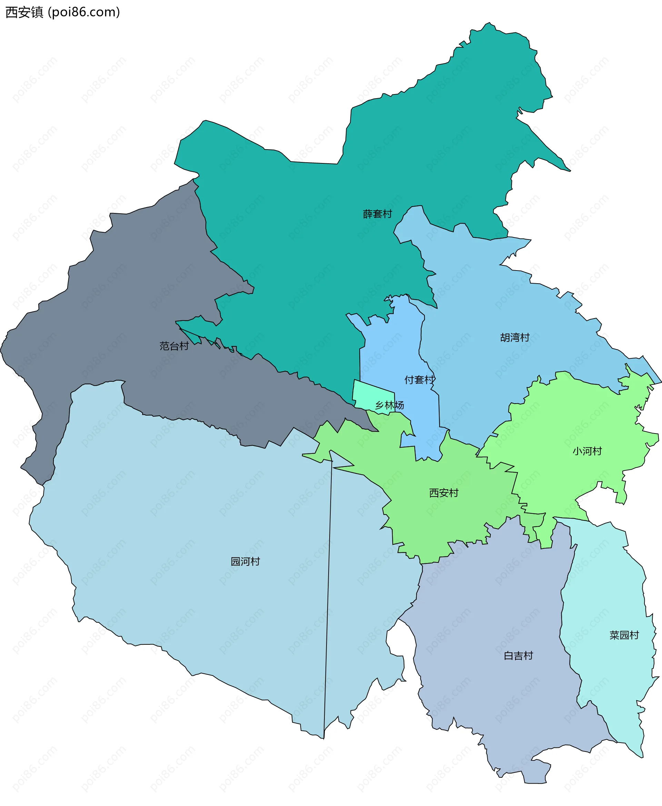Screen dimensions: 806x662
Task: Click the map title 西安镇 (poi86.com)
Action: pyautogui.click(x=62, y=12)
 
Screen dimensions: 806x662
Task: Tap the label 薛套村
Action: pyautogui.click(x=377, y=214)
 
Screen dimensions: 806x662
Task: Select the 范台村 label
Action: pyautogui.click(x=174, y=346)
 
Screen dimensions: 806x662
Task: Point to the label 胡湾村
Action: pyautogui.click(x=514, y=337)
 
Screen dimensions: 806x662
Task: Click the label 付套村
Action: pyautogui.click(x=419, y=379)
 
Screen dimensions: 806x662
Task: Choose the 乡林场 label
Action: pyautogui.click(x=389, y=405)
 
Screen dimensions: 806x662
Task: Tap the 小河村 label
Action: pyautogui.click(x=587, y=451)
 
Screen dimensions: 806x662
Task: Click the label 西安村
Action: pyautogui.click(x=443, y=493)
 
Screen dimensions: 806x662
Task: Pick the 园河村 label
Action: pyautogui.click(x=245, y=561)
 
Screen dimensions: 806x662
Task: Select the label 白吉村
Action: pyautogui.click(x=518, y=655)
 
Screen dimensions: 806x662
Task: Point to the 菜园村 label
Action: pyautogui.click(x=624, y=635)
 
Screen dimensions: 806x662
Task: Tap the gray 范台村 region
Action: pyautogui.click(x=114, y=305)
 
